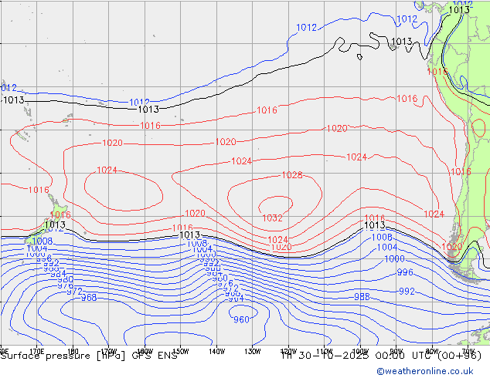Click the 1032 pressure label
coord(271,218)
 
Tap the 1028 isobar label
coord(291,175)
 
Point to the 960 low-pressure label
coord(241,319)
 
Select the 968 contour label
coord(89,298)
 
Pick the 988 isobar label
coord(361,297)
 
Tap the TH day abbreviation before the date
coord(287,356)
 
